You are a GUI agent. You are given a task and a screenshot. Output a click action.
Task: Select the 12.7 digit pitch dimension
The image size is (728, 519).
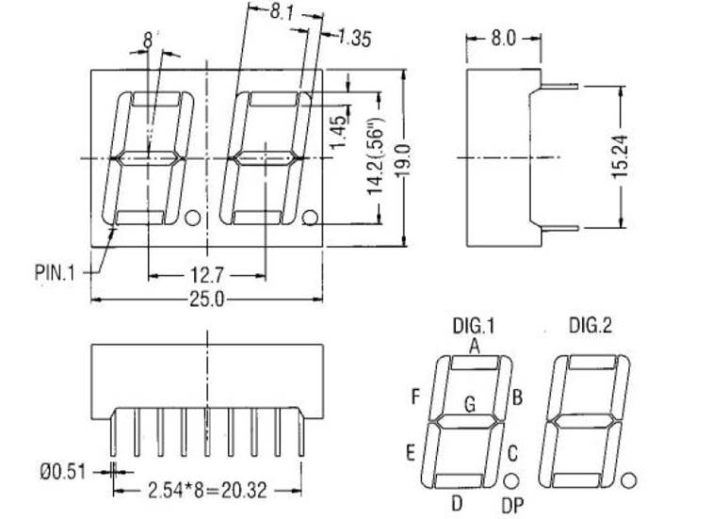tap(206, 275)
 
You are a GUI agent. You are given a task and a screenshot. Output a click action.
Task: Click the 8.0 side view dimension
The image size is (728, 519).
tap(504, 39)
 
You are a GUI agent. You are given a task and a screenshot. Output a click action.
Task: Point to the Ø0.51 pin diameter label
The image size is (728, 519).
tap(63, 472)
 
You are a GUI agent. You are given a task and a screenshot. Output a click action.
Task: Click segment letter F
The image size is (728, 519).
tap(415, 396)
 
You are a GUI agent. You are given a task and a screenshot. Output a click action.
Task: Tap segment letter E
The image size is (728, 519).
tap(411, 453)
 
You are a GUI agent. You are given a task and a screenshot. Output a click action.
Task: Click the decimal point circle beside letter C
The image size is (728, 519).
tap(511, 479)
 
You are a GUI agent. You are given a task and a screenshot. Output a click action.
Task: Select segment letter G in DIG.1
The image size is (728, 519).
tap(469, 405)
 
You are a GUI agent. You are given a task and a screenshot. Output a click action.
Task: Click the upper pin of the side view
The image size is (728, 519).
tap(562, 88)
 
